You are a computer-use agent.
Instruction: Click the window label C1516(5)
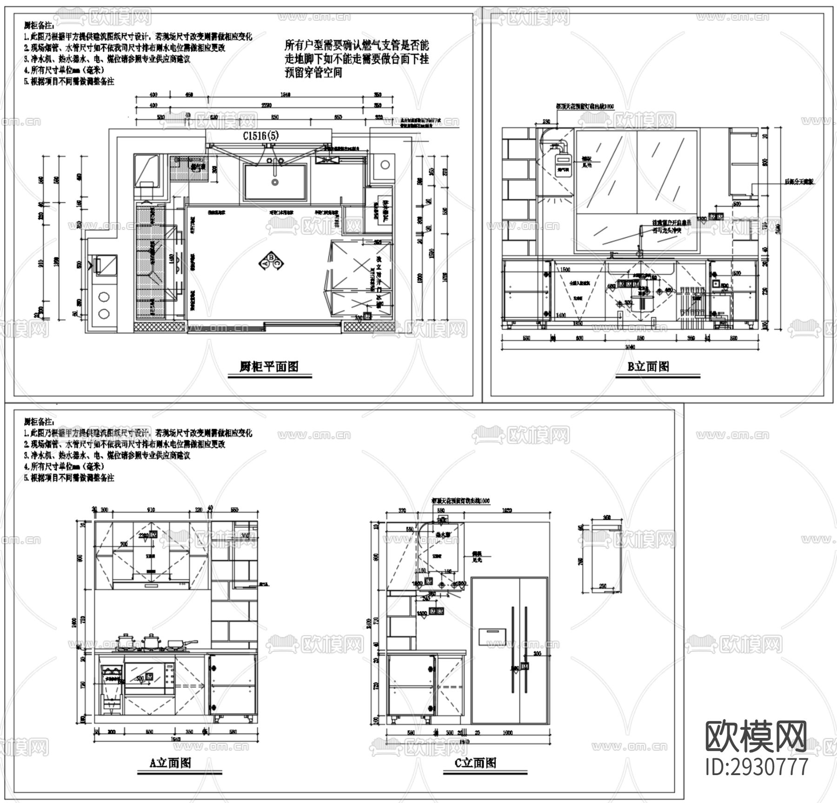tap(261, 136)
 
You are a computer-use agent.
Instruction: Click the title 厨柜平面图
tap(269, 367)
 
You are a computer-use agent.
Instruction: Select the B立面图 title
tap(648, 366)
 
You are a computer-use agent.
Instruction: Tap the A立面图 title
tap(170, 763)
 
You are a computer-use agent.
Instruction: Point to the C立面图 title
tap(475, 763)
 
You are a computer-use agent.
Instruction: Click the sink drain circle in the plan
tap(275, 182)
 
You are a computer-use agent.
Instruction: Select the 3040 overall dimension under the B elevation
tap(630, 347)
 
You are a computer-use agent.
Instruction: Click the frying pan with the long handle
tap(179, 644)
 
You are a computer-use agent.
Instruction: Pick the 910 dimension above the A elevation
tap(151, 510)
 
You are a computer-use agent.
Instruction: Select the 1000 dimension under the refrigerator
tap(507, 733)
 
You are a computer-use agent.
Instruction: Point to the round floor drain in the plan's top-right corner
tap(385, 165)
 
